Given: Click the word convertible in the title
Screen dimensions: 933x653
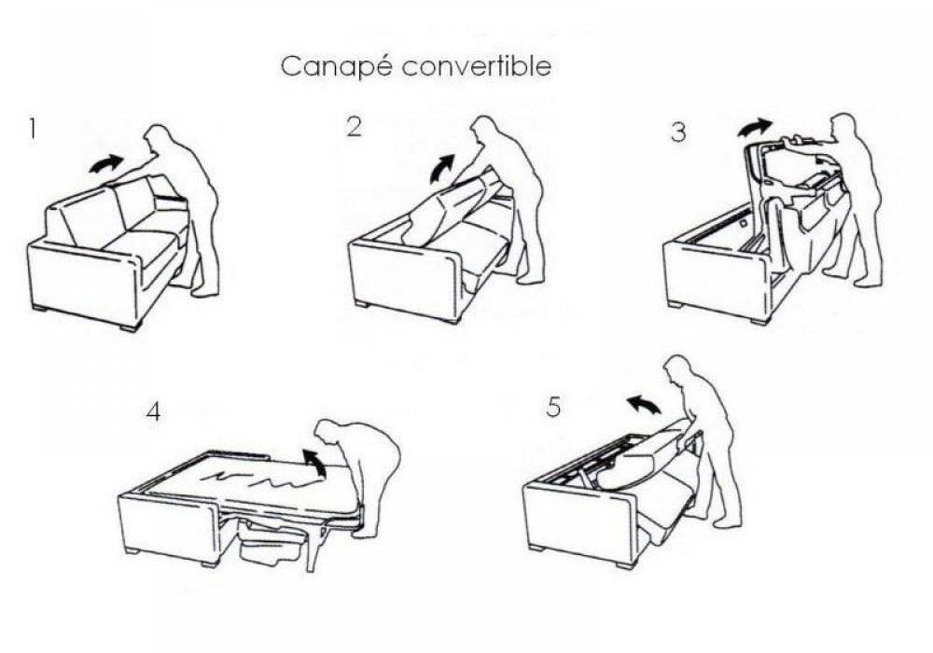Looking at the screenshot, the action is pyautogui.click(x=477, y=65).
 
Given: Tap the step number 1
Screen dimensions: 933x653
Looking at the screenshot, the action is pyautogui.click(x=32, y=129).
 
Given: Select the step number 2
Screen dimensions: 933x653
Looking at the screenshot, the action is pyautogui.click(x=354, y=127).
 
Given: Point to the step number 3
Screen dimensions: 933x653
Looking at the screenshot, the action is pyautogui.click(x=678, y=132).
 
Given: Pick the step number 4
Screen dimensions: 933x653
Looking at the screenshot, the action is pyautogui.click(x=154, y=411).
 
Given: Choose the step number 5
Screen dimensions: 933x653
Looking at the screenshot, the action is pyautogui.click(x=553, y=407).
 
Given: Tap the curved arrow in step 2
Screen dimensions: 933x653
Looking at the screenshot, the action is pyautogui.click(x=441, y=168).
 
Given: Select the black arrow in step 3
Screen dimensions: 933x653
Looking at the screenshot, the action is pyautogui.click(x=756, y=127).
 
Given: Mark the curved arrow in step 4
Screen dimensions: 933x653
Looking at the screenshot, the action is pyautogui.click(x=314, y=462).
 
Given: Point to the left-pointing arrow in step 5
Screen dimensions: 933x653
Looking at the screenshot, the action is pyautogui.click(x=644, y=405).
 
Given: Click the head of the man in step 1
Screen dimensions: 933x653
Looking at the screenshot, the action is pyautogui.click(x=157, y=138).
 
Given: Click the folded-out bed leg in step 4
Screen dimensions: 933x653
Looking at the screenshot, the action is pyautogui.click(x=311, y=546).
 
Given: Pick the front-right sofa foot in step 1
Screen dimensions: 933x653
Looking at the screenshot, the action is pyautogui.click(x=132, y=326).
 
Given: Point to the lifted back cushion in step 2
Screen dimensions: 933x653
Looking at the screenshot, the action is pyautogui.click(x=450, y=208).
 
